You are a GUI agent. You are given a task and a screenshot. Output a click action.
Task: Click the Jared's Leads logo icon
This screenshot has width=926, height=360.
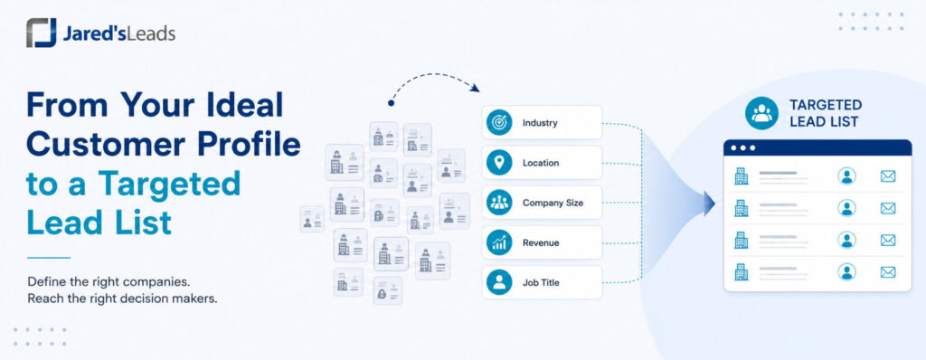(42, 33)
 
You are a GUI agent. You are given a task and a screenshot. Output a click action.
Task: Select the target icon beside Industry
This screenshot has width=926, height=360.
(499, 123)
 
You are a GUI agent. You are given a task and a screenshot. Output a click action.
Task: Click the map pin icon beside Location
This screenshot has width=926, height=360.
(499, 163)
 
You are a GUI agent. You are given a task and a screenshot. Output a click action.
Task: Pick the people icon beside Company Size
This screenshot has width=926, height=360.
(499, 203)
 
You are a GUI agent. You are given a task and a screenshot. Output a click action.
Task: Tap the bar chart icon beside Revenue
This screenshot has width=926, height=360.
(499, 242)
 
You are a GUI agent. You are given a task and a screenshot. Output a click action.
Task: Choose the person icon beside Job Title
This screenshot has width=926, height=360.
(499, 282)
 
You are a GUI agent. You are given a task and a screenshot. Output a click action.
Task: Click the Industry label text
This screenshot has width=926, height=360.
(540, 124)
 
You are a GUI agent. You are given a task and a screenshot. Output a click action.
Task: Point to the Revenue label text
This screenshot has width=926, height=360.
(541, 243)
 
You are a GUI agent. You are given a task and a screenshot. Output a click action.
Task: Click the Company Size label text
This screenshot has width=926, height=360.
(553, 204)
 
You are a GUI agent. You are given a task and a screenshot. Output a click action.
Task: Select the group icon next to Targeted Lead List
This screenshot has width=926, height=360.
(761, 113)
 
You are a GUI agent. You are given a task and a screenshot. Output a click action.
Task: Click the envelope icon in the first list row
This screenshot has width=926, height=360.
(888, 176)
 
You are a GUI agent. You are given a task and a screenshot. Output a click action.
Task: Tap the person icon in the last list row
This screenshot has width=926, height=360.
(846, 272)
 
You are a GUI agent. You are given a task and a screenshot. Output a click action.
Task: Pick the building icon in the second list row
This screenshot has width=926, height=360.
(741, 208)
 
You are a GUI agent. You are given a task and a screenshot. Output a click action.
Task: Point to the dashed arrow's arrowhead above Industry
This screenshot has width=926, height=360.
(475, 89)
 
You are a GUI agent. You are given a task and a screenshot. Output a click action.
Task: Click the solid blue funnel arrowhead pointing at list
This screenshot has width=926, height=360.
(709, 204)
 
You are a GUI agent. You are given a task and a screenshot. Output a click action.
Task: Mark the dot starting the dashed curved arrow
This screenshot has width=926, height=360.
(391, 103)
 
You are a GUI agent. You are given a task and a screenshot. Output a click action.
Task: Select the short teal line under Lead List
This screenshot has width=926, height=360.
(49, 257)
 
